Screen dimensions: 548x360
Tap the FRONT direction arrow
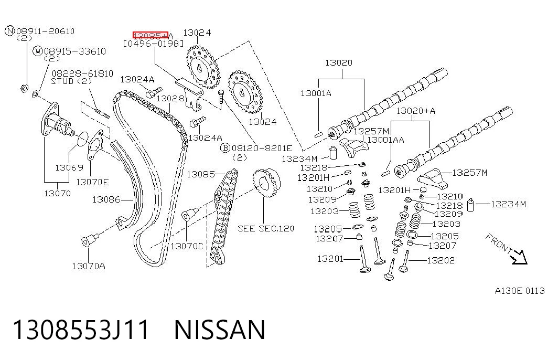pos(518,258)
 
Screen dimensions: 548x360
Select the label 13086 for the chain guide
pos(106,199)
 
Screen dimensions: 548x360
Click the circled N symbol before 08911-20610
pos(10,31)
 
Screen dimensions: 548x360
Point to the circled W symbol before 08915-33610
pos(37,51)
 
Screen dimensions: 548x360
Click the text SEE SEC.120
pos(266,228)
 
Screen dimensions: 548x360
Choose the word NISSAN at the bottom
pos(220,330)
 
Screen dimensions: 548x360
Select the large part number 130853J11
pos(81,330)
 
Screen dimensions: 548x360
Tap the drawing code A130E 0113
pos(520,291)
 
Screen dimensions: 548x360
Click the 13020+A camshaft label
pos(415,111)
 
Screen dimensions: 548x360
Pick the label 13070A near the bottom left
pos(89,266)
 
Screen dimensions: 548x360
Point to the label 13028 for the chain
pos(170,98)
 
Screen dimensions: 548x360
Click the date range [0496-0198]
pos(153,44)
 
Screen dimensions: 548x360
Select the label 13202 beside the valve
pos(440,260)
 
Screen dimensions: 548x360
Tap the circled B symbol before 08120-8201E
pos(225,148)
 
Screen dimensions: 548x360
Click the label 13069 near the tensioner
pos(69,167)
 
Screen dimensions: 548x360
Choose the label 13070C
pos(187,246)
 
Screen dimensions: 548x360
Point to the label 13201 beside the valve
pos(330,259)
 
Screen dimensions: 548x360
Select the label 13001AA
pos(386,140)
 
